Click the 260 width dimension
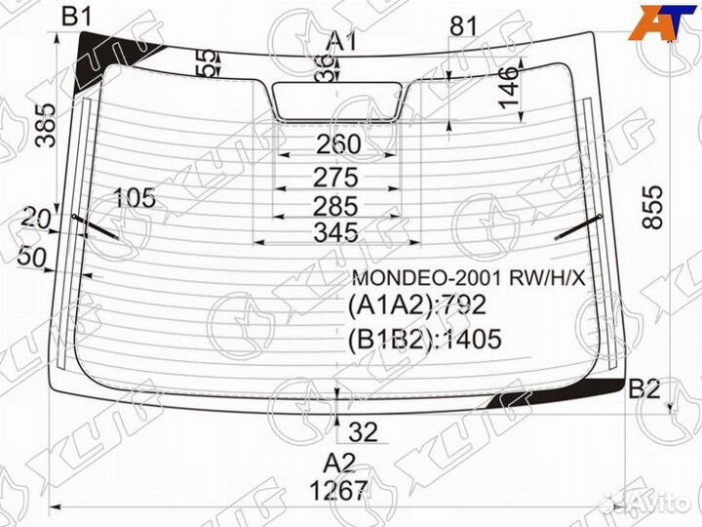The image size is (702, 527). (338, 144)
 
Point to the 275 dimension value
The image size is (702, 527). (338, 179)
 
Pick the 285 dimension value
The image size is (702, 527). (338, 206)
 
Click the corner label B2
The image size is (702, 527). (644, 388)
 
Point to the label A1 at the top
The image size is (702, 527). (341, 41)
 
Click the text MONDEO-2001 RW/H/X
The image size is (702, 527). (469, 278)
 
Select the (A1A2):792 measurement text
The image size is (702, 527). (416, 306)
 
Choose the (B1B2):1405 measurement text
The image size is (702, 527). (424, 339)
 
